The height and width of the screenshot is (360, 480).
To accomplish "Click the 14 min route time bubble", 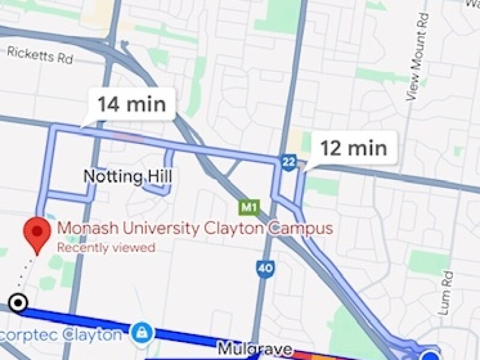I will click(x=131, y=104).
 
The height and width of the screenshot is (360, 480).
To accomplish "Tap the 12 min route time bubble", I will click(x=353, y=147).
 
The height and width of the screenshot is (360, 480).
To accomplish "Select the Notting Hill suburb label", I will click(x=127, y=176).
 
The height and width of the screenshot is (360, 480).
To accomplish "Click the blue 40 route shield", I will click(x=264, y=268).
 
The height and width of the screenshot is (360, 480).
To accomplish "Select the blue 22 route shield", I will click(x=289, y=161).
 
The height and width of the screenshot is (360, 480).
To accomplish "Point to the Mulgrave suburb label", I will click(x=254, y=349).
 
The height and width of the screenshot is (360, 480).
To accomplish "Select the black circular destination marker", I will click(x=19, y=303).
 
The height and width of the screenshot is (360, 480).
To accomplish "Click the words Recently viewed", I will click(x=106, y=247).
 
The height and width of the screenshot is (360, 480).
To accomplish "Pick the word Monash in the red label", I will click(x=82, y=229).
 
